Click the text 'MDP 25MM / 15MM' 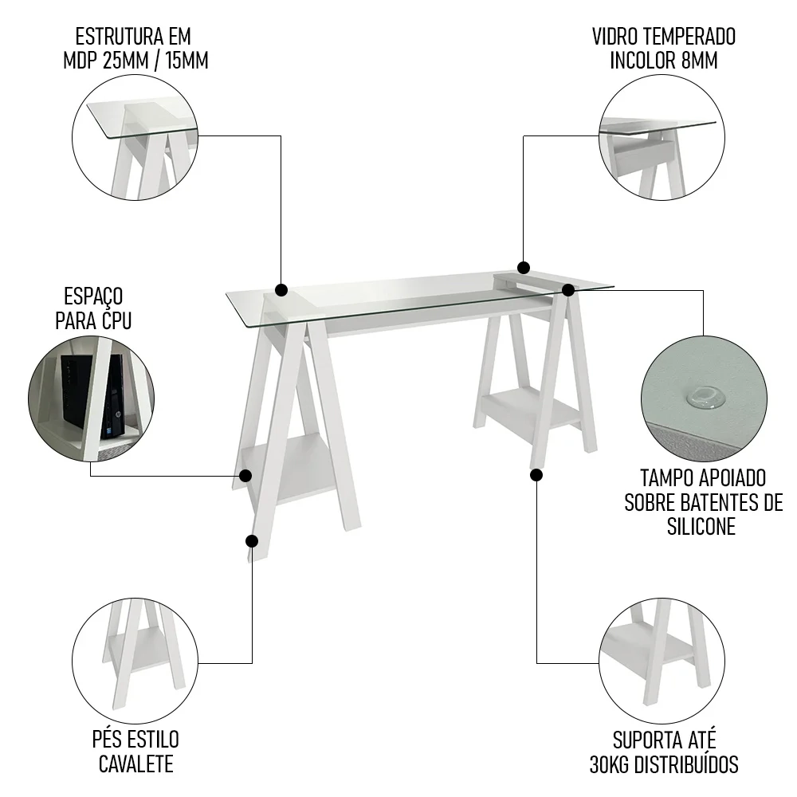point(135,61)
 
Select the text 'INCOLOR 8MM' point(663,61)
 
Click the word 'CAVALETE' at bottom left point(135,764)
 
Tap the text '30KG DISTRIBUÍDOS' point(663,765)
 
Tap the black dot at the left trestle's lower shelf point(245,476)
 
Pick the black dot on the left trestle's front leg point(252,541)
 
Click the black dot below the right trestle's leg point(536,475)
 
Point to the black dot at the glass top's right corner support point(567,290)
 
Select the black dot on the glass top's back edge point(524,267)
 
